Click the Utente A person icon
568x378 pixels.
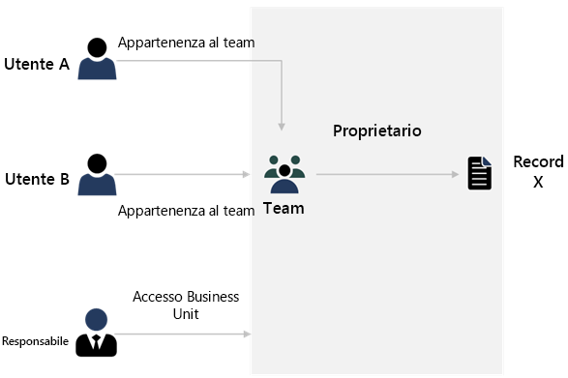pos(96,59)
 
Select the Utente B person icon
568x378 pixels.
pos(96,174)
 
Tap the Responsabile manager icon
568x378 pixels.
pos(96,332)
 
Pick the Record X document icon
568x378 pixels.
pos(479,174)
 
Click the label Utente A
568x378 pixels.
pos(37,65)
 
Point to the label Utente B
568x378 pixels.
pos(37,179)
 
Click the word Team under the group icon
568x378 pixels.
pos(284,207)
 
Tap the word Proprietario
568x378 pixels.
pos(376,131)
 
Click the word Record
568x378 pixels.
pos(538,161)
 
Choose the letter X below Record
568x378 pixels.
pos(538,181)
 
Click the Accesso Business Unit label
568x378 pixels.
pos(186,304)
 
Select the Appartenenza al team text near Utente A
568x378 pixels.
pos(186,43)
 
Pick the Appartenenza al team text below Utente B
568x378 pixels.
pos(186,211)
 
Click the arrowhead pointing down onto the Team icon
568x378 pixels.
pos(282,126)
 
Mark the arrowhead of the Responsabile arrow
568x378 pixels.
pos(246,334)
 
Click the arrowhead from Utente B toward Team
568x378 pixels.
pos(246,175)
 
